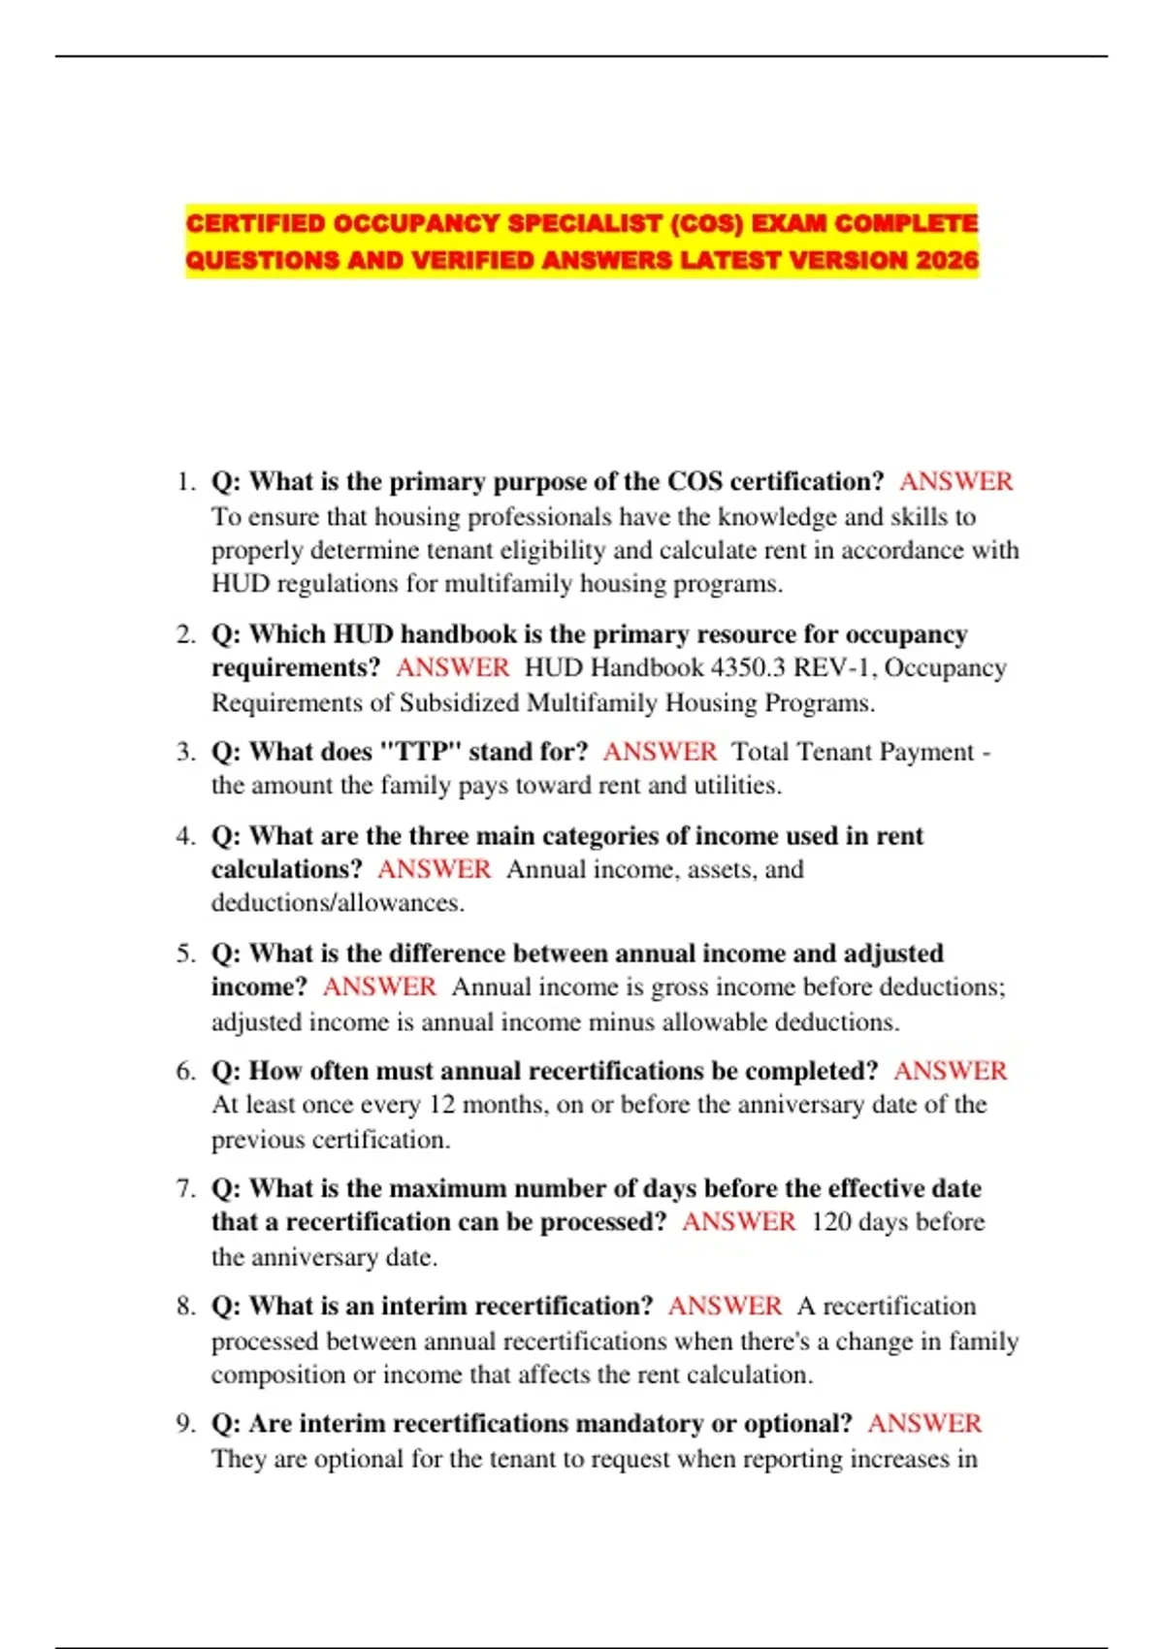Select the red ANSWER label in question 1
click(x=955, y=481)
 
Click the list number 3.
click(x=185, y=752)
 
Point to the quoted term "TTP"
click(x=417, y=752)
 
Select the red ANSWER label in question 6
click(x=950, y=1071)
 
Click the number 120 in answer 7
click(x=831, y=1221)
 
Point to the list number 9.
click(x=185, y=1423)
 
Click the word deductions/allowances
click(x=338, y=903)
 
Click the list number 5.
click(x=185, y=953)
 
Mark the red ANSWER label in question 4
click(x=434, y=869)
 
